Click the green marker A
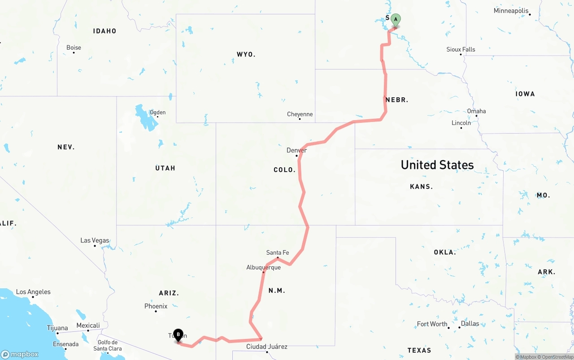[x=396, y=19]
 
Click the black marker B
[x=178, y=334]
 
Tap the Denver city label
[x=296, y=150]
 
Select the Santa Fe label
[x=278, y=252]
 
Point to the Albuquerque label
[x=263, y=267]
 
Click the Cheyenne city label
[x=300, y=114]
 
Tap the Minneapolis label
[x=511, y=11]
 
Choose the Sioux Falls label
[x=461, y=49]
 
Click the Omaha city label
[x=476, y=111]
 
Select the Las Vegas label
[x=95, y=240]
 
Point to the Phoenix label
[x=156, y=306]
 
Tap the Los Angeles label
[x=33, y=292]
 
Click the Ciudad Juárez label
[x=267, y=347]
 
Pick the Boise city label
[x=74, y=48]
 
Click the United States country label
[x=437, y=165]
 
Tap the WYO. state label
[x=246, y=54]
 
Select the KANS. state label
[x=421, y=187]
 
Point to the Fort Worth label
[x=432, y=324]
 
